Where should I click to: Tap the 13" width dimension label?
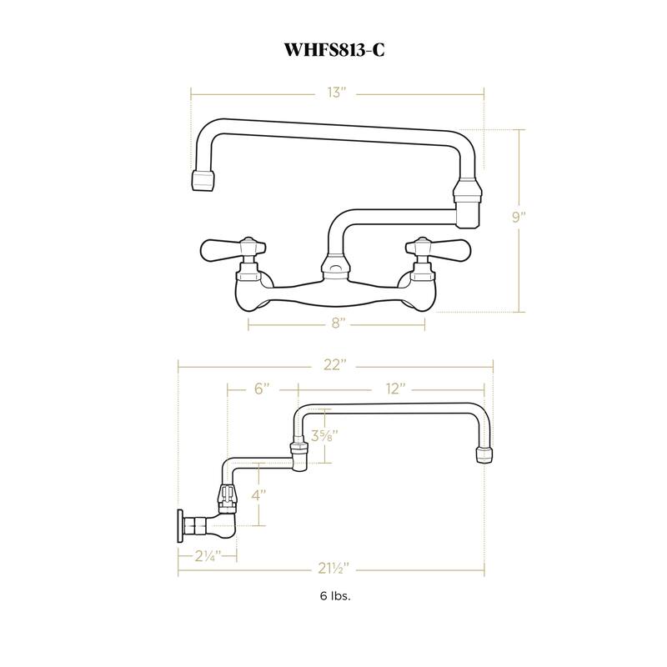(336, 93)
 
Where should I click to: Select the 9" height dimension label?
(519, 218)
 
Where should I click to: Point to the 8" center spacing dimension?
(336, 323)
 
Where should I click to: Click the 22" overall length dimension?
(336, 365)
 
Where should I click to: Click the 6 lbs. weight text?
(333, 597)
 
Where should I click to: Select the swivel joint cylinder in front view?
(468, 204)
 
